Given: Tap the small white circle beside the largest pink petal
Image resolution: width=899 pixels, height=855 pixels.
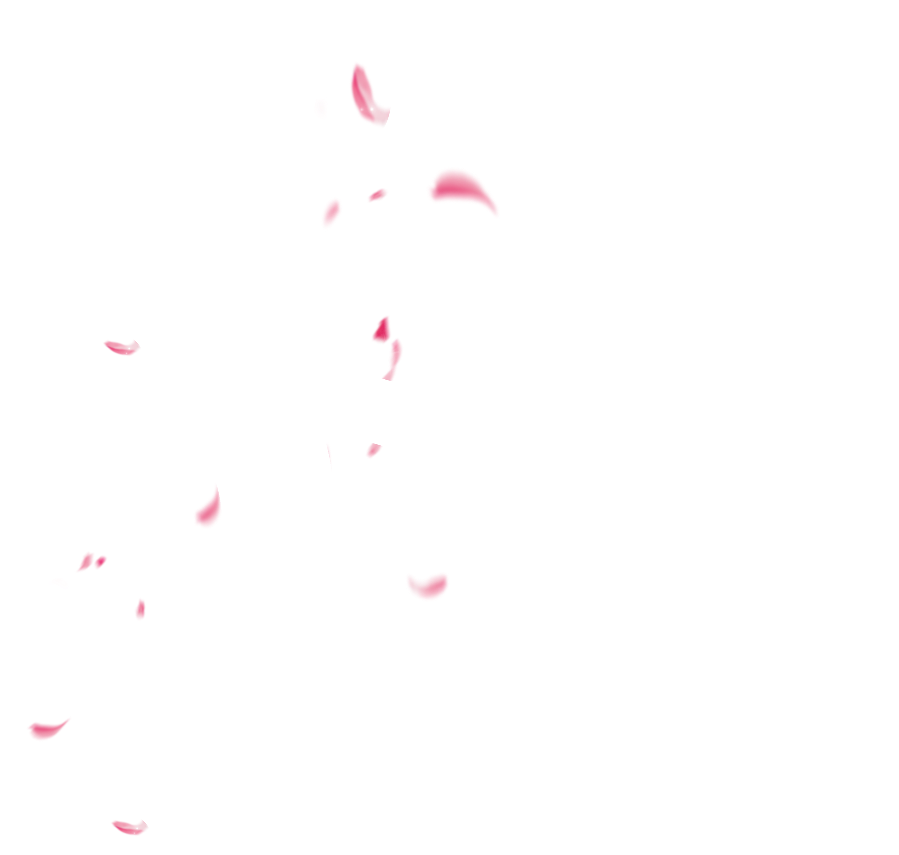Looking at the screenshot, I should [409, 195].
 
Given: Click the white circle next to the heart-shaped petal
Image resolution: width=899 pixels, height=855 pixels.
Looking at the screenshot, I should [381, 592].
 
